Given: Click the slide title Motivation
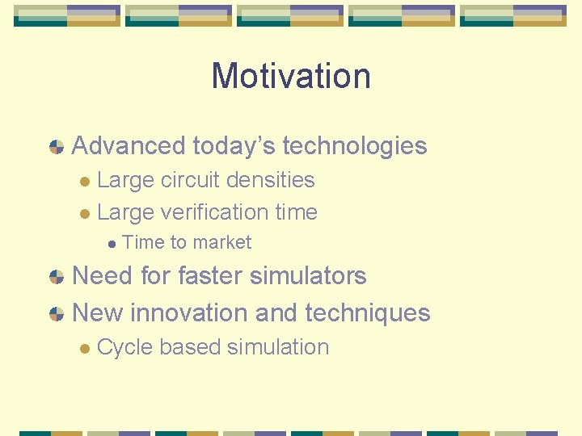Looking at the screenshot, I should coord(291,76).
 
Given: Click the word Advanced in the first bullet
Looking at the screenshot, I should coord(129,146).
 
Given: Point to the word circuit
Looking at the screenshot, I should coord(191,180).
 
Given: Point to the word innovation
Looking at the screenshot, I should coord(189,312).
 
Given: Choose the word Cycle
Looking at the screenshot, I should coord(124,347).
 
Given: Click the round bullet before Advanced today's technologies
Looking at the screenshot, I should coord(57,147).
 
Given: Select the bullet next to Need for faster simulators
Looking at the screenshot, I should coord(57,276).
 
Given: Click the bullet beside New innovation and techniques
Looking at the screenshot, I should coord(57,313).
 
